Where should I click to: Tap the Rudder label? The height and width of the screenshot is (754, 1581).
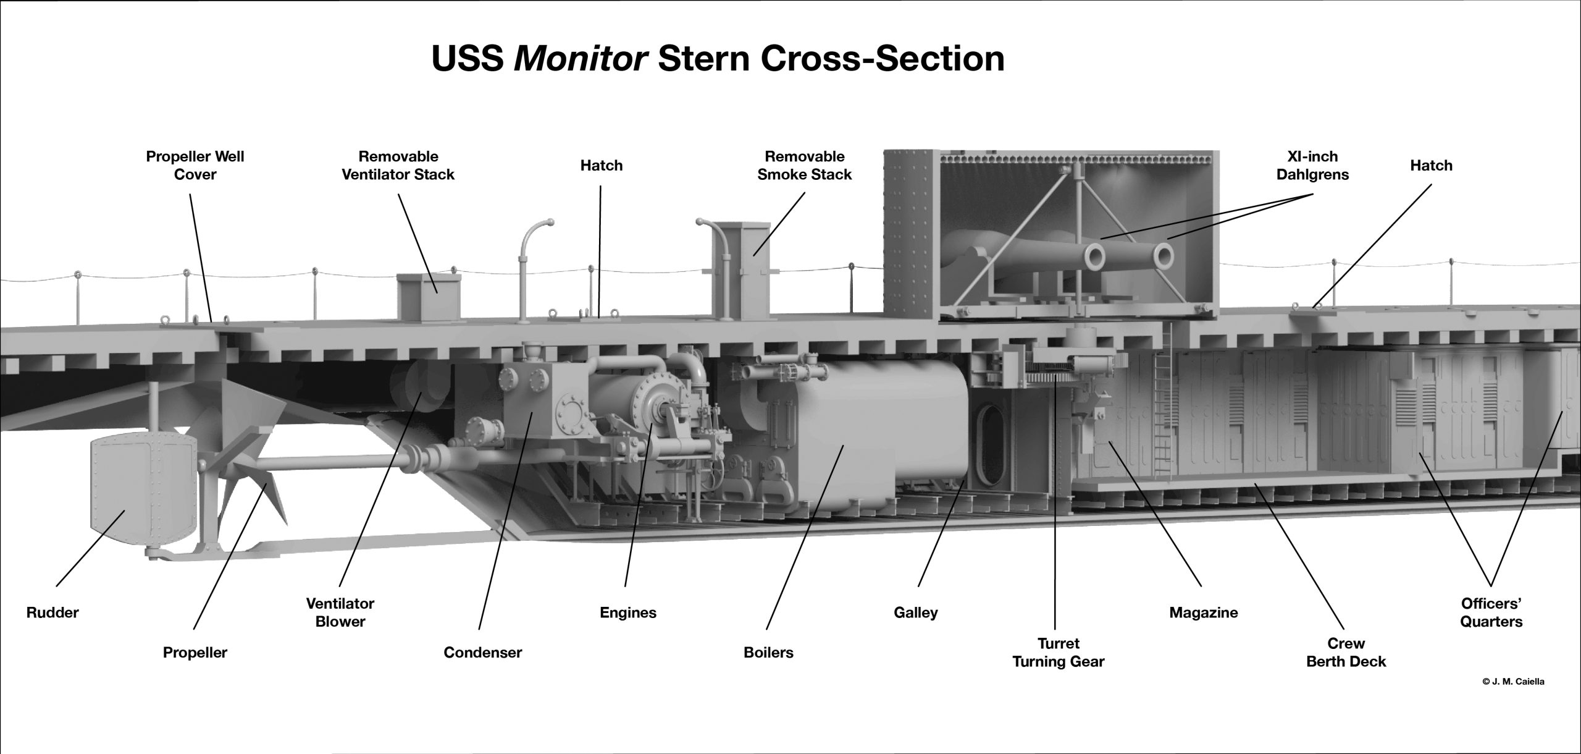coord(53,612)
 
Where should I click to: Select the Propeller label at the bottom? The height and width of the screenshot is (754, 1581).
coord(195,652)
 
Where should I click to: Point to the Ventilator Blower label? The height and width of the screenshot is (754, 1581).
coord(340,612)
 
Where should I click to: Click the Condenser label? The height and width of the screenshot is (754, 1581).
coord(483,652)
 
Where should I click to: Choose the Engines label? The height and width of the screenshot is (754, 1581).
coord(628,612)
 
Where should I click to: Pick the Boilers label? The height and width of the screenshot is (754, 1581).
coord(769,652)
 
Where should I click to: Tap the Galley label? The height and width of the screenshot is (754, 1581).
coord(916,612)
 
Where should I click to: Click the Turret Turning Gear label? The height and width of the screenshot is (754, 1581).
coord(1059,652)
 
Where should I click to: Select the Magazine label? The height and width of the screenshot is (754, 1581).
coord(1204,612)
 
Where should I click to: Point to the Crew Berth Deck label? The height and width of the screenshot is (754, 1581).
coord(1346,652)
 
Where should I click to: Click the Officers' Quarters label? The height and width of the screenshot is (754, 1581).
coord(1491,612)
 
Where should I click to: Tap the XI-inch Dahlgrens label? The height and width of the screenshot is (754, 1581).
coord(1312,165)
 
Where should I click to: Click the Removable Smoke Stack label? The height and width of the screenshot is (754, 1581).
coord(805,165)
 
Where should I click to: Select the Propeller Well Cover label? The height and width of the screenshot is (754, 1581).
coord(195,165)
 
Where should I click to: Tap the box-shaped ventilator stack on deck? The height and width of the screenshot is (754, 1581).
coord(429,297)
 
